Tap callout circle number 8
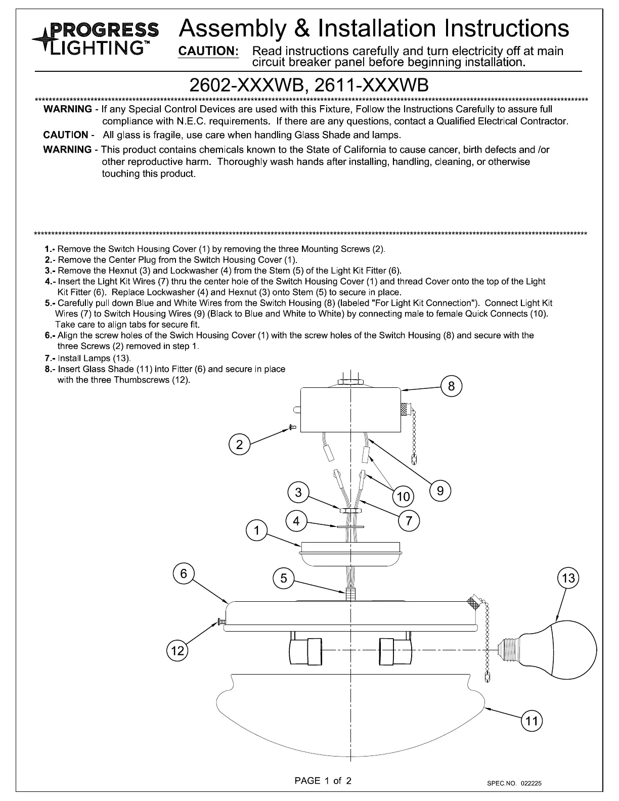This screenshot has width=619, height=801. point(451,387)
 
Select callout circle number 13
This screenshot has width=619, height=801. point(568,578)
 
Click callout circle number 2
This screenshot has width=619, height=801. point(240,445)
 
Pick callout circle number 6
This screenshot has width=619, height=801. point(184,573)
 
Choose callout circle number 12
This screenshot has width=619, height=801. point(178,651)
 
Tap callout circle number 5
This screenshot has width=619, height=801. point(284,578)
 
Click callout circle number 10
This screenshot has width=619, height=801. point(404,497)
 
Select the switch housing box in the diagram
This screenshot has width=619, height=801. point(350,410)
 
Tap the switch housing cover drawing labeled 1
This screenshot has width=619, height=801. point(350,554)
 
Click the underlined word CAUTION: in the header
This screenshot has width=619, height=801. point(208,52)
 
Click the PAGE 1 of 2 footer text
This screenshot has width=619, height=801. point(323,780)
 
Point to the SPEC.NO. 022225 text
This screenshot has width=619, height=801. point(514,783)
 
